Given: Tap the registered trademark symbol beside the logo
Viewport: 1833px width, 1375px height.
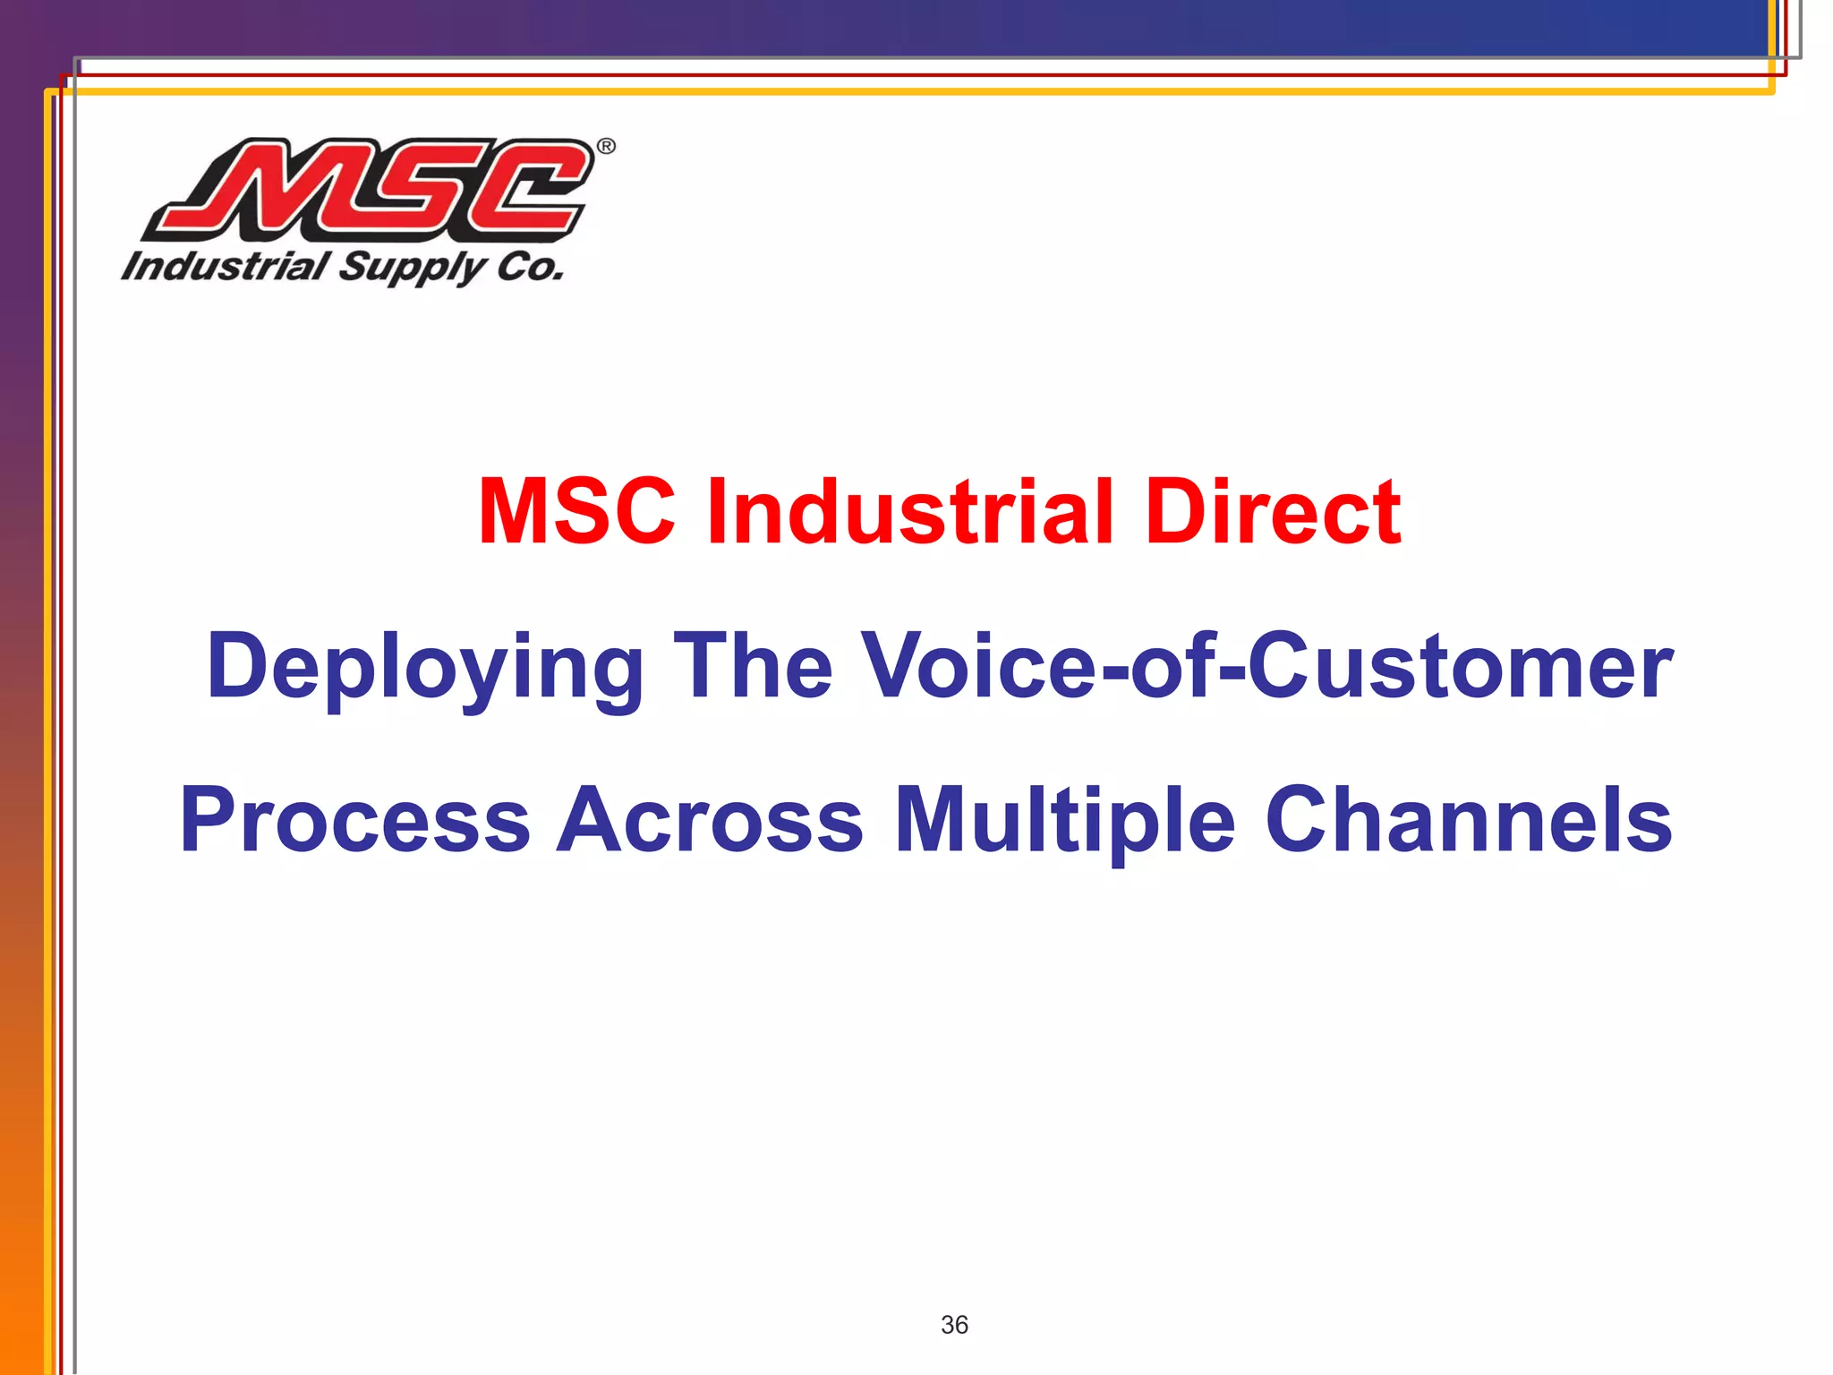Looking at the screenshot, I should click(606, 147).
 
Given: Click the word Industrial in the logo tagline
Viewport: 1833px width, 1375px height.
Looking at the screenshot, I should click(226, 267).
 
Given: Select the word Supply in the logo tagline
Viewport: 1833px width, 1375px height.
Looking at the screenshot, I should click(412, 269).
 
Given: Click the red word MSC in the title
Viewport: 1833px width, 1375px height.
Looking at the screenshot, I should click(576, 511).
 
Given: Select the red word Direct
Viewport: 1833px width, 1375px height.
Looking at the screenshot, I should click(1274, 511).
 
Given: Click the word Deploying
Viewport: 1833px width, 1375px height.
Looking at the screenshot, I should click(424, 667).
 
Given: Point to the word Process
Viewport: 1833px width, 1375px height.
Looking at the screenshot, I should click(355, 820).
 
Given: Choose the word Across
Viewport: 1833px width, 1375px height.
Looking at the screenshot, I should click(710, 820).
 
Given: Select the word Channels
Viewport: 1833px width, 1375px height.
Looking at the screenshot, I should click(1469, 820).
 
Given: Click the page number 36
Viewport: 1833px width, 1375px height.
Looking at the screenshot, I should click(954, 1325).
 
